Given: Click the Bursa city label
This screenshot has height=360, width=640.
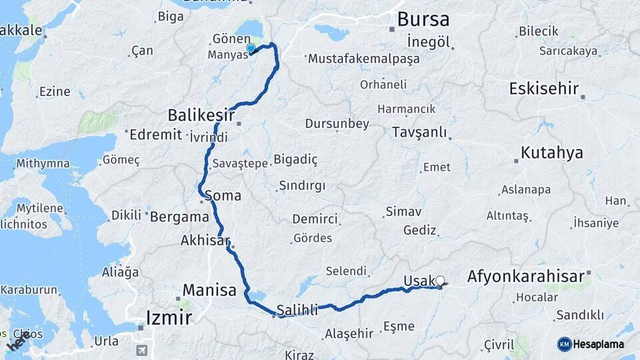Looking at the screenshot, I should click(x=423, y=19).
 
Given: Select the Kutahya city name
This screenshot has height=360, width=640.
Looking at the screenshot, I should click(x=551, y=153).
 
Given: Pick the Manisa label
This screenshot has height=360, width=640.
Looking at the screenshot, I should click(x=209, y=290).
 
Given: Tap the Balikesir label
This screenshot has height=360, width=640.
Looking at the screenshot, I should click(x=201, y=115).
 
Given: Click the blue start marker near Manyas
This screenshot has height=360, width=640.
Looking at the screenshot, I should click(x=251, y=49).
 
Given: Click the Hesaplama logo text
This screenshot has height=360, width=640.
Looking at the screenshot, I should click(x=599, y=344).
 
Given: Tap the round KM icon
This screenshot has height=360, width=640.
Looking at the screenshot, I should click(x=564, y=344).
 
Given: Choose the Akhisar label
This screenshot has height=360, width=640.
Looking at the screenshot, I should click(x=205, y=241).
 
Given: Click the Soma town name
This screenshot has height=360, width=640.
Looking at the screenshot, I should click(x=223, y=196).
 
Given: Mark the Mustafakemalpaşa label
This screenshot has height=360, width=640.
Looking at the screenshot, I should click(x=363, y=59).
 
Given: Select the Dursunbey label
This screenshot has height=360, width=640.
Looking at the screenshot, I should click(x=337, y=123).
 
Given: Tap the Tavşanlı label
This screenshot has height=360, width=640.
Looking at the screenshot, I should click(x=419, y=131).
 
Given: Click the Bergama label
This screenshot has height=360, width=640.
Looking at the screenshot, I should click(x=179, y=217).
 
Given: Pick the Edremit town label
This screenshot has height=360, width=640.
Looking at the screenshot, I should click(x=155, y=135).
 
